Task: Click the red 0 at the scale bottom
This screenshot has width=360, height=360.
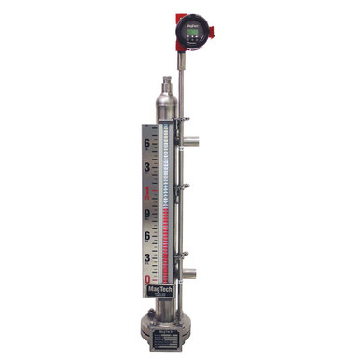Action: pyautogui.click(x=146, y=278)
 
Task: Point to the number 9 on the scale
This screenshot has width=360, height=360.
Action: pyautogui.click(x=146, y=213)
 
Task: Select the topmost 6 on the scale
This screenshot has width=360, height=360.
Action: pyautogui.click(x=146, y=145)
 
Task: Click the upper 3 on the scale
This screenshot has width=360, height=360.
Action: pyautogui.click(x=146, y=168)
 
